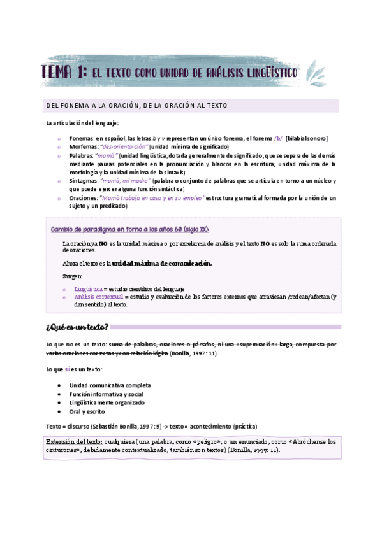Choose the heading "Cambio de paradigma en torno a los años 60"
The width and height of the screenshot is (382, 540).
point(129,229)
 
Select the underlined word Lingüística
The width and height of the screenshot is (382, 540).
point(88,288)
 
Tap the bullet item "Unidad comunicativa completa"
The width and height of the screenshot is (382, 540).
point(110,385)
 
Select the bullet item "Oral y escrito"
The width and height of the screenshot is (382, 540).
point(89,411)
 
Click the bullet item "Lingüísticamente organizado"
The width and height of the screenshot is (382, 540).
point(107,402)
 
